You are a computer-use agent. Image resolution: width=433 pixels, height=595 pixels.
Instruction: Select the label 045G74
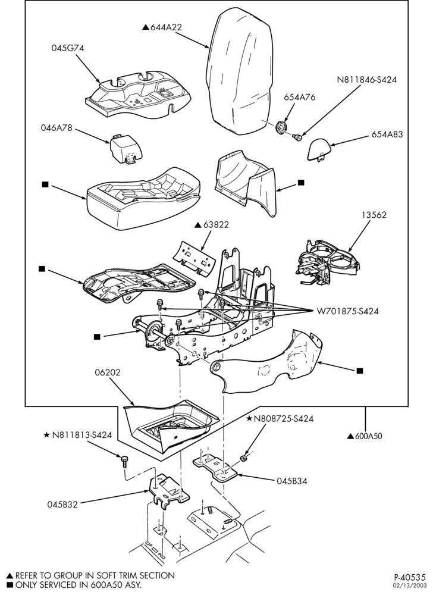click(x=68, y=48)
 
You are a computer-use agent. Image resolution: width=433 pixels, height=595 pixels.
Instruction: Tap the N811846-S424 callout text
click(x=366, y=80)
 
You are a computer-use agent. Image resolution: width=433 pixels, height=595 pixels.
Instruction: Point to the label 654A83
click(x=387, y=134)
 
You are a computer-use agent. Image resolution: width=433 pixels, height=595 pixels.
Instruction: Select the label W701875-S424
click(x=347, y=312)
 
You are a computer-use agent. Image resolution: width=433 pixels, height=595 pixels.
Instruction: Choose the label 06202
click(x=107, y=372)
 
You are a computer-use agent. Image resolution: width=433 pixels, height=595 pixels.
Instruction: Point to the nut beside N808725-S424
click(x=244, y=459)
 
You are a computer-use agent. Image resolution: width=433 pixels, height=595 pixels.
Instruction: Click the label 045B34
click(x=291, y=481)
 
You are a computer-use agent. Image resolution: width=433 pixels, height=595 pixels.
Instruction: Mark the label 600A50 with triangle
click(x=365, y=436)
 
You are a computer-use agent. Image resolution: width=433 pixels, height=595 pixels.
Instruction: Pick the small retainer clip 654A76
click(x=281, y=127)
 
